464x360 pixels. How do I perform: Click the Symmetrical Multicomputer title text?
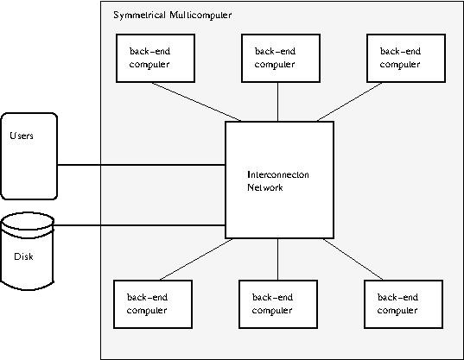[x=173, y=15]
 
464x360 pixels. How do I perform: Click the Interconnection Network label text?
[x=278, y=181]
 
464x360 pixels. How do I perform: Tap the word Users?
[x=22, y=136]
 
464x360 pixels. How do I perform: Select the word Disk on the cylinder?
[x=23, y=256]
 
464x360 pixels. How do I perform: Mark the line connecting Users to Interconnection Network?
[x=141, y=165]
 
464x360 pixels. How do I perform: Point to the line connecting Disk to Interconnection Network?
[x=139, y=225]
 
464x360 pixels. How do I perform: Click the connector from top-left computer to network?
[x=196, y=102]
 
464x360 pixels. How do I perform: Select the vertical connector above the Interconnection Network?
[x=277, y=102]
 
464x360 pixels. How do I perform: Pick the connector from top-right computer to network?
[x=349, y=102]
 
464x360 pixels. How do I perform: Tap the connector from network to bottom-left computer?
[x=196, y=260]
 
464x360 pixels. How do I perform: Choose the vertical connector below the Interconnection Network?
[x=277, y=260]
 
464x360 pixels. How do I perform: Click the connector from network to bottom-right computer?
[x=353, y=260]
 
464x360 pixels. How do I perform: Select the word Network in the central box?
[x=265, y=187]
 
